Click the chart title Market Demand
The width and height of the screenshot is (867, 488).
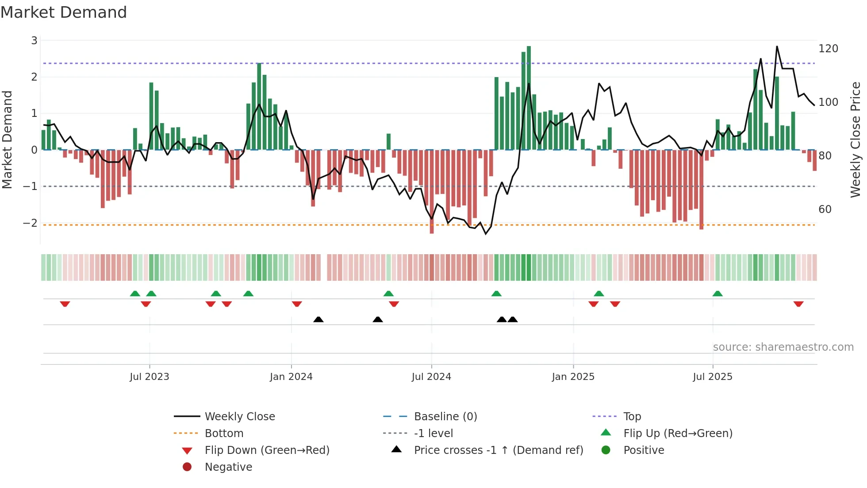coord(64,12)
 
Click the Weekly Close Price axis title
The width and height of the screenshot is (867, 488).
coord(855,139)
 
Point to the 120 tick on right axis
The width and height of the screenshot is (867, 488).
coord(828,49)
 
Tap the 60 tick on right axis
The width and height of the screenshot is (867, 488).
coord(825,209)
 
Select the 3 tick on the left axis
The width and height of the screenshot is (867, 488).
coord(34,41)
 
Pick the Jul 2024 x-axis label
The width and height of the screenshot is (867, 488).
coord(431,377)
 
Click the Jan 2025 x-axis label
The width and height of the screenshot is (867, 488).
coord(573,377)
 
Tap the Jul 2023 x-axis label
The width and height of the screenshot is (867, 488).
coord(150,377)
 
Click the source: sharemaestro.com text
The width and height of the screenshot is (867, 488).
coord(783,347)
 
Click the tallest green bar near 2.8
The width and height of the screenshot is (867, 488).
coord(529,97)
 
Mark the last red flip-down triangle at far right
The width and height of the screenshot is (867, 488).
coord(798,304)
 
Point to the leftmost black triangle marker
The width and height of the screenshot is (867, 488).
coord(318,319)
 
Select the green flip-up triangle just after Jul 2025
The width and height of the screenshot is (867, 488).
coord(717,294)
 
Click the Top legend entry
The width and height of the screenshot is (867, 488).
coord(632,417)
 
